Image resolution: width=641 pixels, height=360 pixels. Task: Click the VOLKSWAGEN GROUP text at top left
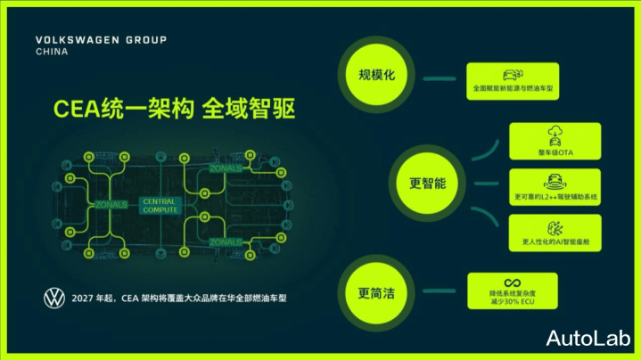pyautogui.click(x=100, y=40)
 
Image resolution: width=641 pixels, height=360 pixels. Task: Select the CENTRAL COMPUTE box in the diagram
pyautogui.click(x=160, y=205)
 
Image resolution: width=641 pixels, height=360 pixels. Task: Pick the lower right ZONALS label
pyautogui.click(x=226, y=241)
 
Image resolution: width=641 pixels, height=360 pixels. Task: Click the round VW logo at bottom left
pyautogui.click(x=54, y=298)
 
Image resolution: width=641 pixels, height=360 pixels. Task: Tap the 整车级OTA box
pyautogui.click(x=555, y=141)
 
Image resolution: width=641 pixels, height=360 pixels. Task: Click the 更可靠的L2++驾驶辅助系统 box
pyautogui.click(x=555, y=187)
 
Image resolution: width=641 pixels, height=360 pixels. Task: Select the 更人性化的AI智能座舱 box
pyautogui.click(x=555, y=233)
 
